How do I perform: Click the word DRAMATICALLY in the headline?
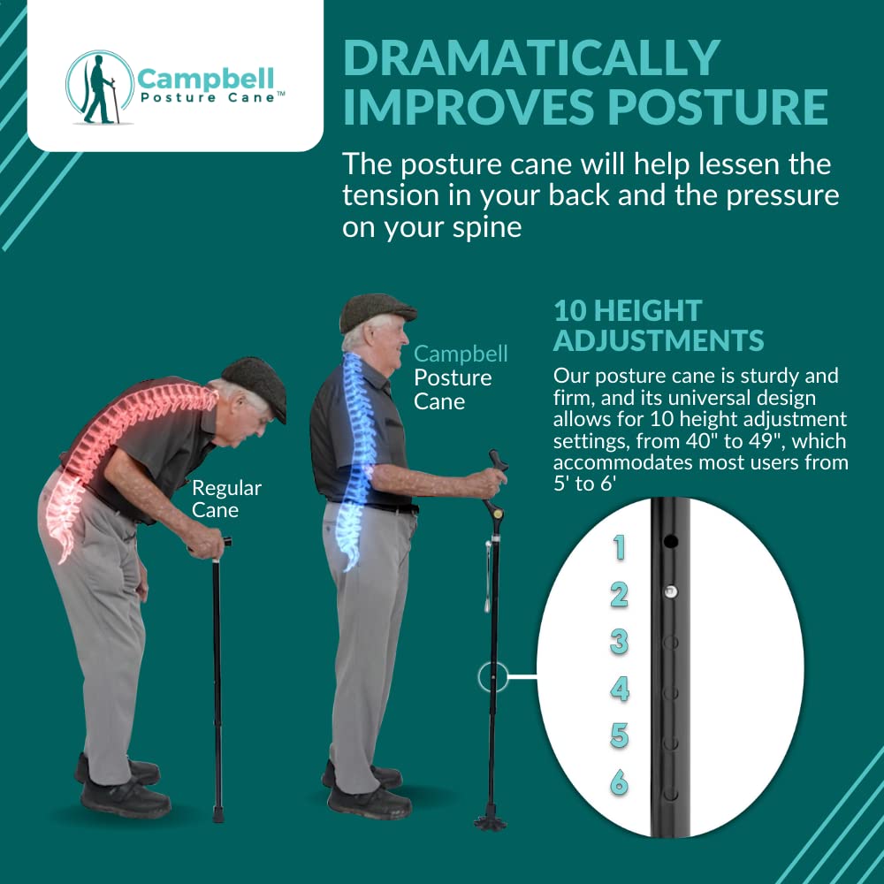531,58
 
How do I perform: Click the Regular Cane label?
226,499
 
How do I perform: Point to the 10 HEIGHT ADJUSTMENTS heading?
659,324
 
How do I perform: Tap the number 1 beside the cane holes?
619,548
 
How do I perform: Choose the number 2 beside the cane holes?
619,595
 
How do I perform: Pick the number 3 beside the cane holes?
619,642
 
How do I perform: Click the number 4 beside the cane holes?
620,689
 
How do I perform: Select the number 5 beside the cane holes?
620,735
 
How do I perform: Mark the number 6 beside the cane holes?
619,782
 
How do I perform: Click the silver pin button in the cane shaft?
671,591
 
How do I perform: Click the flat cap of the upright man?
377,309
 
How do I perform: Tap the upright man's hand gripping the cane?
487,482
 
